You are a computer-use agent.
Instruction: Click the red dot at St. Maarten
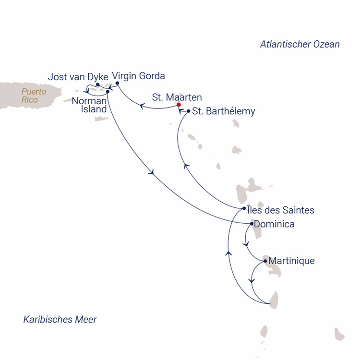(179, 105)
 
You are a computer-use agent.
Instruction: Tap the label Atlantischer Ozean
(300, 44)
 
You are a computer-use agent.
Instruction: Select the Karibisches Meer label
(60, 319)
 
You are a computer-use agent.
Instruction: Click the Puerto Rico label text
(34, 96)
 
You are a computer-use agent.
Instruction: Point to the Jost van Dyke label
(78, 77)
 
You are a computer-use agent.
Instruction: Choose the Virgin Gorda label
(138, 76)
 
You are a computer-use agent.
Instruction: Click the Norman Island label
(89, 105)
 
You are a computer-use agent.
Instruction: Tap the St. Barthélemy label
(224, 111)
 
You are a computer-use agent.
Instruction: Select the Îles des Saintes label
(281, 210)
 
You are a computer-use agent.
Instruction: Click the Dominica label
(274, 224)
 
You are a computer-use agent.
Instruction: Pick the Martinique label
(291, 261)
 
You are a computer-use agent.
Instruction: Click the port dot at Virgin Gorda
(117, 83)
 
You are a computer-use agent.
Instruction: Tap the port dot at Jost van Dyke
(97, 84)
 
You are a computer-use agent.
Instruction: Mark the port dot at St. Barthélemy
(189, 111)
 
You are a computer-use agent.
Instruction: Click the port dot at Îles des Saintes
(244, 208)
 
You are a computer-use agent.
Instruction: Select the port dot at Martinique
(265, 261)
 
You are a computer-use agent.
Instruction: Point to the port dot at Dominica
(252, 224)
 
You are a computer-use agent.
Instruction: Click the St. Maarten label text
(177, 97)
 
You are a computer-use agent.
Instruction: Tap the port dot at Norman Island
(108, 92)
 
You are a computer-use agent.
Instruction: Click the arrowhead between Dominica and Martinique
(246, 244)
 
